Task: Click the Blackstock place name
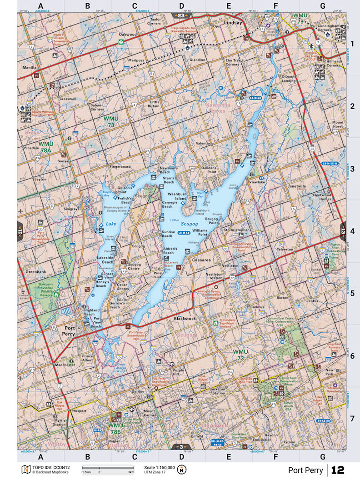[185, 319]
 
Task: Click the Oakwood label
[128, 34]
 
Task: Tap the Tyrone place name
[289, 442]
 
